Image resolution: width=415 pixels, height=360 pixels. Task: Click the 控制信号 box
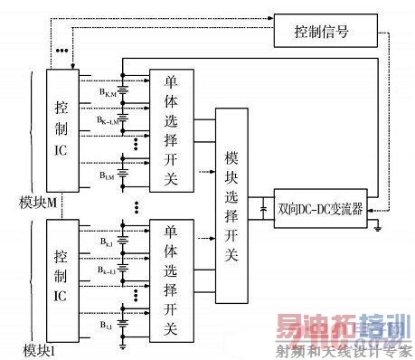[321, 33]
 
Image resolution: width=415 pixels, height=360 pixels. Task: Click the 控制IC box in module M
[61, 127]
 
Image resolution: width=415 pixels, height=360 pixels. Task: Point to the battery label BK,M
[108, 90]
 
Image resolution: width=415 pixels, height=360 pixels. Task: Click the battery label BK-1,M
[108, 118]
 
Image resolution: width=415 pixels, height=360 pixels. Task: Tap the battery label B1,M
[108, 174]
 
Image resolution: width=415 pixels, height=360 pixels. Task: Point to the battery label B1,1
[108, 320]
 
